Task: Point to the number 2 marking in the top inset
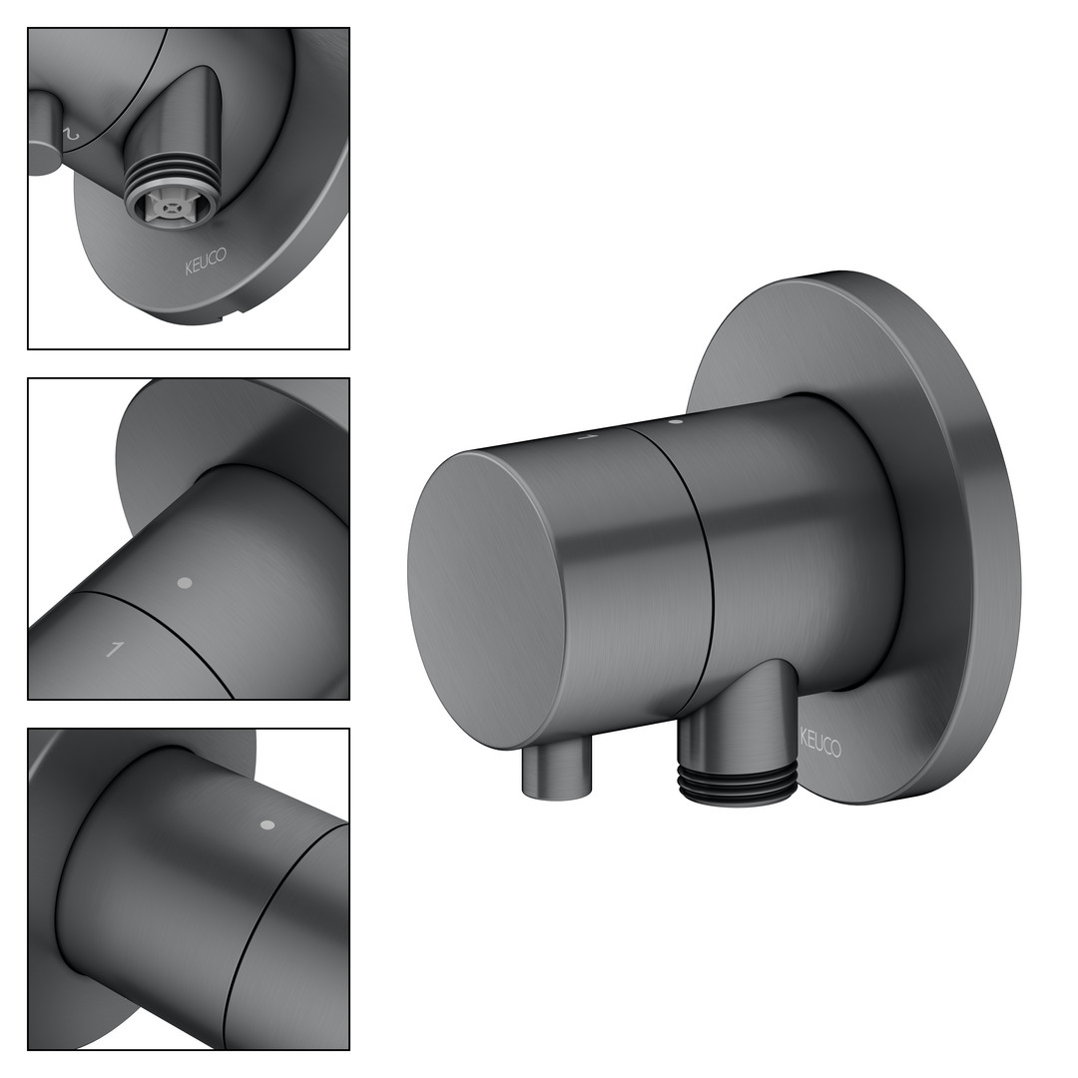(72, 133)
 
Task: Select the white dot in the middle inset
(184, 583)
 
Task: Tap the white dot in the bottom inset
(269, 824)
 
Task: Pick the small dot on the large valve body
(675, 421)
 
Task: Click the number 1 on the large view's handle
(588, 436)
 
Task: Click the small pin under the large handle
(557, 773)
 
